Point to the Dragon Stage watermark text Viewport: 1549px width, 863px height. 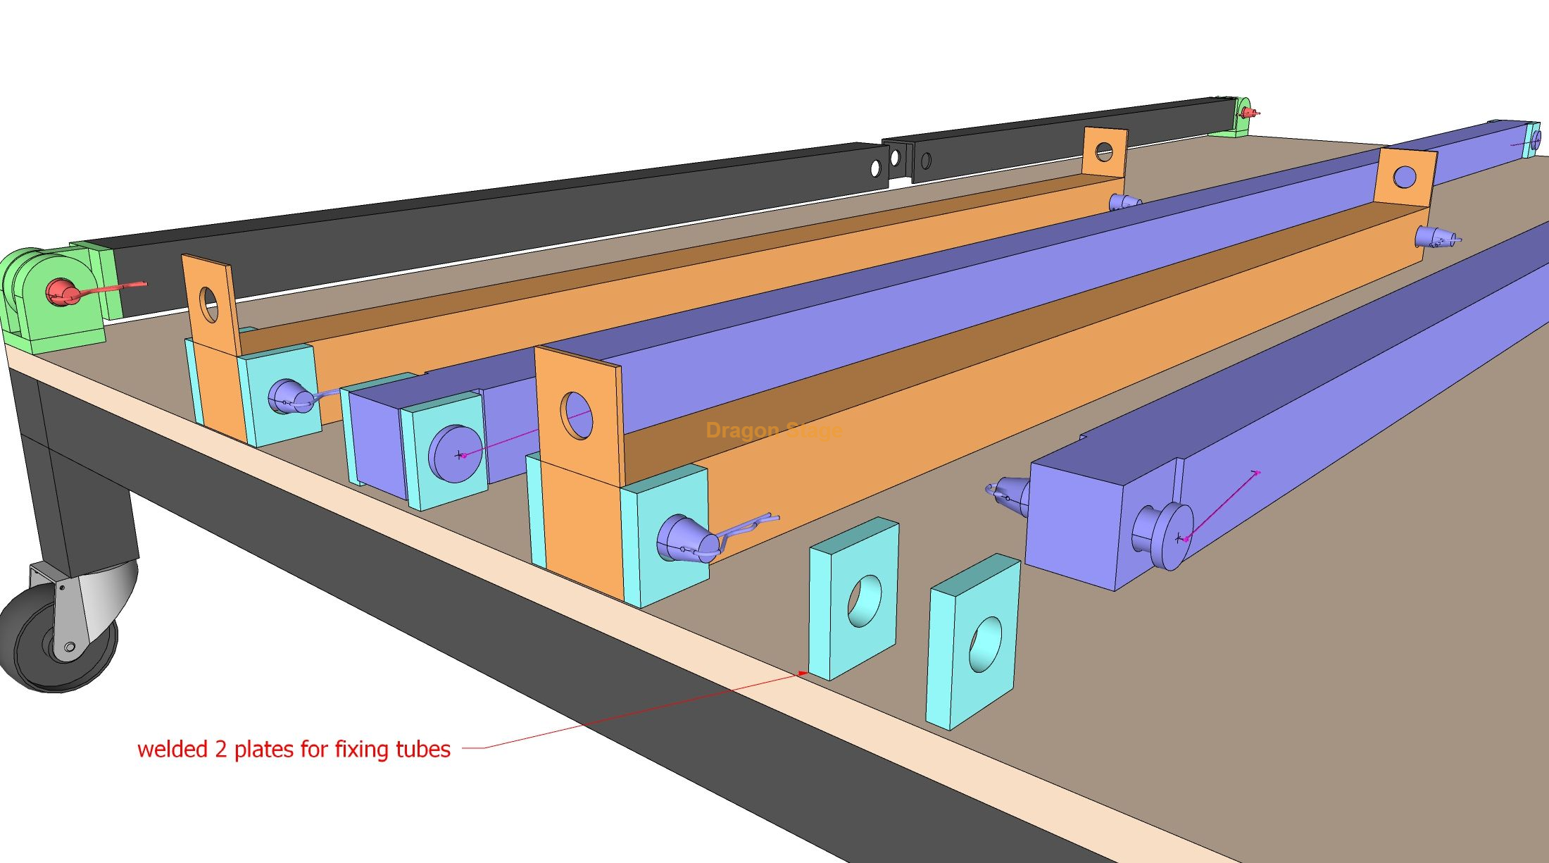[x=773, y=430]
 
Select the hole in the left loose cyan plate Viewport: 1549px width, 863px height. [x=865, y=601]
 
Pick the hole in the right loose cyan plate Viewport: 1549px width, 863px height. [x=986, y=644]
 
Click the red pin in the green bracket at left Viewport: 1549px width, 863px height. [x=61, y=292]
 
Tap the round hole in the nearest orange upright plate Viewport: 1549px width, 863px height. [x=577, y=416]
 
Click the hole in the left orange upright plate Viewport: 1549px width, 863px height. [x=209, y=304]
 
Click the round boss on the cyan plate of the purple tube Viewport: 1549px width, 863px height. [x=456, y=453]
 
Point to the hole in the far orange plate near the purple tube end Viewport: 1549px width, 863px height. [x=1404, y=176]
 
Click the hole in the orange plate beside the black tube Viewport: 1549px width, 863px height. [x=1104, y=151]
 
